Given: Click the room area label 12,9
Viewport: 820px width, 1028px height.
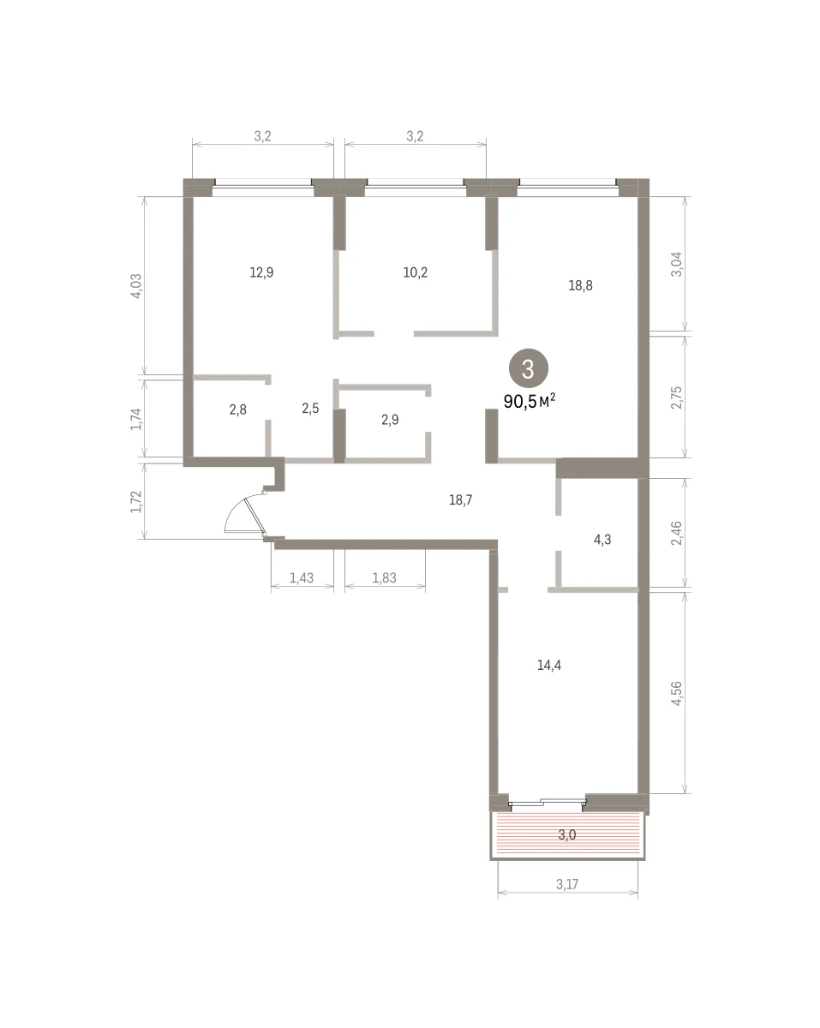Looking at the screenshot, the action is click(x=261, y=272).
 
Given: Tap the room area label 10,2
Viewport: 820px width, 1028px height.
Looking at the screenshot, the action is click(x=416, y=272).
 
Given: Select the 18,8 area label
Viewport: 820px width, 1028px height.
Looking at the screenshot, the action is click(x=580, y=285).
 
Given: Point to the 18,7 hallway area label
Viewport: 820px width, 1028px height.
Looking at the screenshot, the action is click(x=461, y=500).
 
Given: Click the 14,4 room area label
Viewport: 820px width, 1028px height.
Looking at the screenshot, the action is click(x=549, y=665).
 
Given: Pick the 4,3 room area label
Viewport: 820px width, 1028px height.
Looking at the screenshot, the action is click(x=602, y=540).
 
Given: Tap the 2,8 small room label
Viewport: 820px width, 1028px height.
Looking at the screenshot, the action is click(x=237, y=409).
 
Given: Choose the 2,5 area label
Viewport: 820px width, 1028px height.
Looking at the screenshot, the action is click(x=310, y=409).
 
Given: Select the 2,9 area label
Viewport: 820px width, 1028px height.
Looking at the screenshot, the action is click(x=390, y=420).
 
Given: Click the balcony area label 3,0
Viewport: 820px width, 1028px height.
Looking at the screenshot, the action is click(x=567, y=835).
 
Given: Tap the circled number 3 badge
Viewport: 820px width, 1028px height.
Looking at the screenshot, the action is click(x=528, y=368).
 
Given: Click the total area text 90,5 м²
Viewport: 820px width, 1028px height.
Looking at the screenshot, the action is click(x=530, y=401).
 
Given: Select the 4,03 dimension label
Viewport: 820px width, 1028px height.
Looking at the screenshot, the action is click(x=137, y=286).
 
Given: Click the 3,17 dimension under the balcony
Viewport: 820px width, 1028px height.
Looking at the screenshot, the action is click(x=567, y=884).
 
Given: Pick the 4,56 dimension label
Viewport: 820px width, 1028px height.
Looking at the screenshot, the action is click(x=677, y=693).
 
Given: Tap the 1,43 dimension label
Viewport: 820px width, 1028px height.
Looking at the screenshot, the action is click(x=302, y=578).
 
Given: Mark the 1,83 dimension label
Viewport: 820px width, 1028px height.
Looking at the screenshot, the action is click(x=384, y=578).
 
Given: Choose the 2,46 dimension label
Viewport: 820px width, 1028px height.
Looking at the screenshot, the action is click(x=677, y=533).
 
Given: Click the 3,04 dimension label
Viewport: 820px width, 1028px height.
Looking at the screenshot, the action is click(x=677, y=264).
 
